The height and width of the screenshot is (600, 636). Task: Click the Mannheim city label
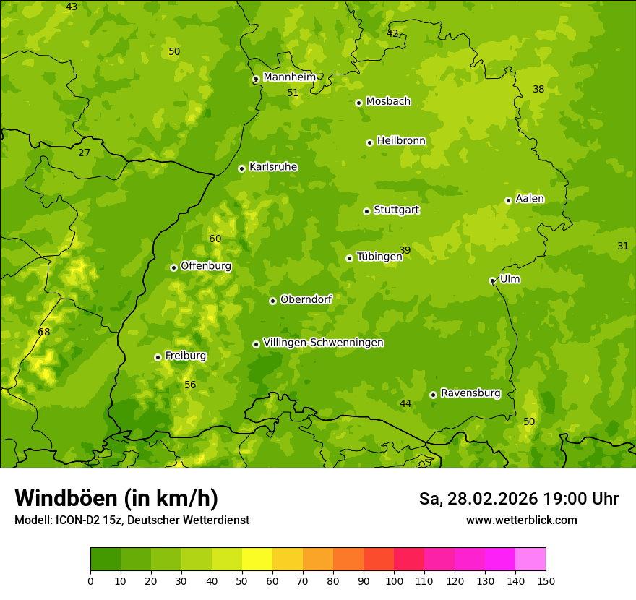[x=289, y=77]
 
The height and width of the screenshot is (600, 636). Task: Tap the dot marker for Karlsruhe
[x=241, y=168]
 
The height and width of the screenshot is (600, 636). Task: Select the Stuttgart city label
[x=396, y=210]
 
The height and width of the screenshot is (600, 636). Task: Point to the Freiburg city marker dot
[x=158, y=357]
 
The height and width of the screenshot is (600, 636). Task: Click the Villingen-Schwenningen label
[x=323, y=343]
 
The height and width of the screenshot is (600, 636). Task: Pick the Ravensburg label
[x=470, y=393]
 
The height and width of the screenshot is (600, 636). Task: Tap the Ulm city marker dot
[x=492, y=280]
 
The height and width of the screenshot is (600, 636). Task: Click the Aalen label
[x=530, y=199]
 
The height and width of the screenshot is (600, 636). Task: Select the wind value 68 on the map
[x=44, y=332]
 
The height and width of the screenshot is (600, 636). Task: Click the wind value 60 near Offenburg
[x=215, y=239]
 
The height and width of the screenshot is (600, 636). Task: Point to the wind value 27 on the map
[x=85, y=153]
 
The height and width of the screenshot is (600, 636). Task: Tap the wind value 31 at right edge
[x=623, y=246]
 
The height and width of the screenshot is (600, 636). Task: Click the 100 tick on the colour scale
[x=394, y=580]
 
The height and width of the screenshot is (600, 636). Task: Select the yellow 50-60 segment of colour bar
[x=257, y=560]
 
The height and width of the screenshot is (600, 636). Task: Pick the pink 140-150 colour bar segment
[x=530, y=560]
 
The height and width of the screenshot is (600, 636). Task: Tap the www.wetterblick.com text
[x=521, y=520]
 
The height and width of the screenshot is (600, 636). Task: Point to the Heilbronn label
[x=401, y=141]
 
